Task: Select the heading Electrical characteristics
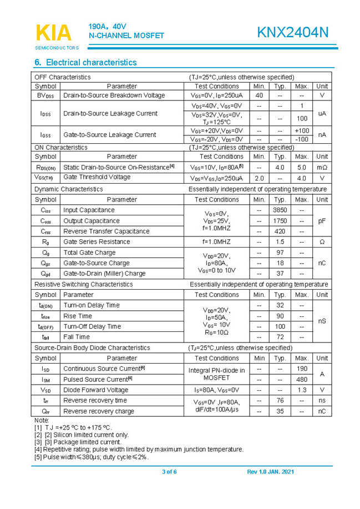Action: [x=85, y=63]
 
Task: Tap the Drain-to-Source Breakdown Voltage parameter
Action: [x=114, y=95]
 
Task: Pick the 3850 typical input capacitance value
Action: [x=280, y=210]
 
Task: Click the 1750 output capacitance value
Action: [x=280, y=221]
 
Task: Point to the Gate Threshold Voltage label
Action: [x=97, y=177]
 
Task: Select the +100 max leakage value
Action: [x=302, y=130]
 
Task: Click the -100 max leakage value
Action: [x=302, y=139]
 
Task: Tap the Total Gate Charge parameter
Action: [x=89, y=253]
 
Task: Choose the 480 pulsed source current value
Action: [x=302, y=380]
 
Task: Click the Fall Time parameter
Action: [x=77, y=337]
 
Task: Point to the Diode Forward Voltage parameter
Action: [x=95, y=390]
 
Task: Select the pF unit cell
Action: [x=322, y=221]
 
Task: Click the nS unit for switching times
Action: [x=322, y=321]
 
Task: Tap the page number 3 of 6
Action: [x=169, y=472]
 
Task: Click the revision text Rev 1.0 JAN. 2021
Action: [x=270, y=472]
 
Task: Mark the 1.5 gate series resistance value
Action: [x=280, y=242]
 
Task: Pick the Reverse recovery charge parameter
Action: [x=99, y=411]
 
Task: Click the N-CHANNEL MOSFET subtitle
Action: [x=126, y=36]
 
